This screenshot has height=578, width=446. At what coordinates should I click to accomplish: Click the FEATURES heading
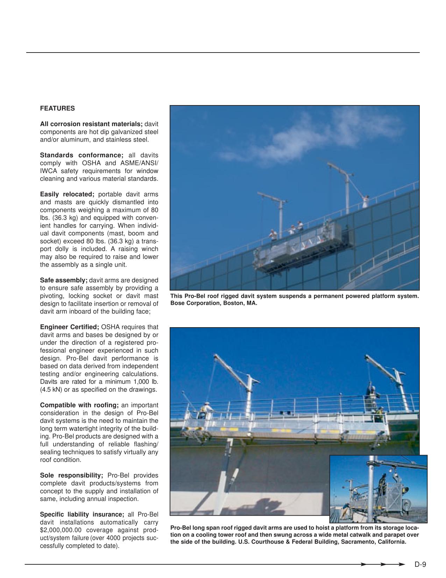click(57, 109)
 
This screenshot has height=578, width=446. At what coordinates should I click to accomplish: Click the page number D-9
click(420, 564)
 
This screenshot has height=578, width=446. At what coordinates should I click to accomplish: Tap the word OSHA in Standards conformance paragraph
click(91, 163)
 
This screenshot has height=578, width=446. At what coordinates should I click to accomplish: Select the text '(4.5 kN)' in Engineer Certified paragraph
click(51, 390)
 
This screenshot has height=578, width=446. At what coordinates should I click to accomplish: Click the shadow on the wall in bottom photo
click(266, 504)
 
